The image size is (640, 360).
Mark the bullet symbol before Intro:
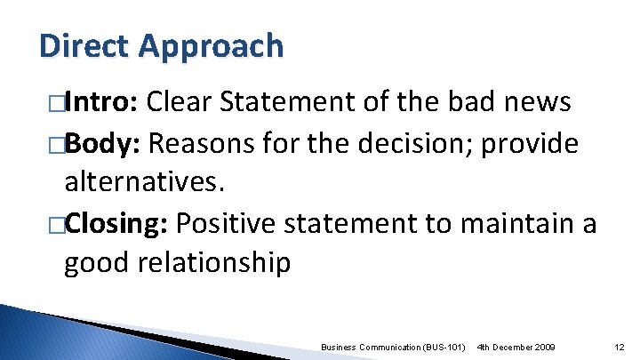tap(57, 104)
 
